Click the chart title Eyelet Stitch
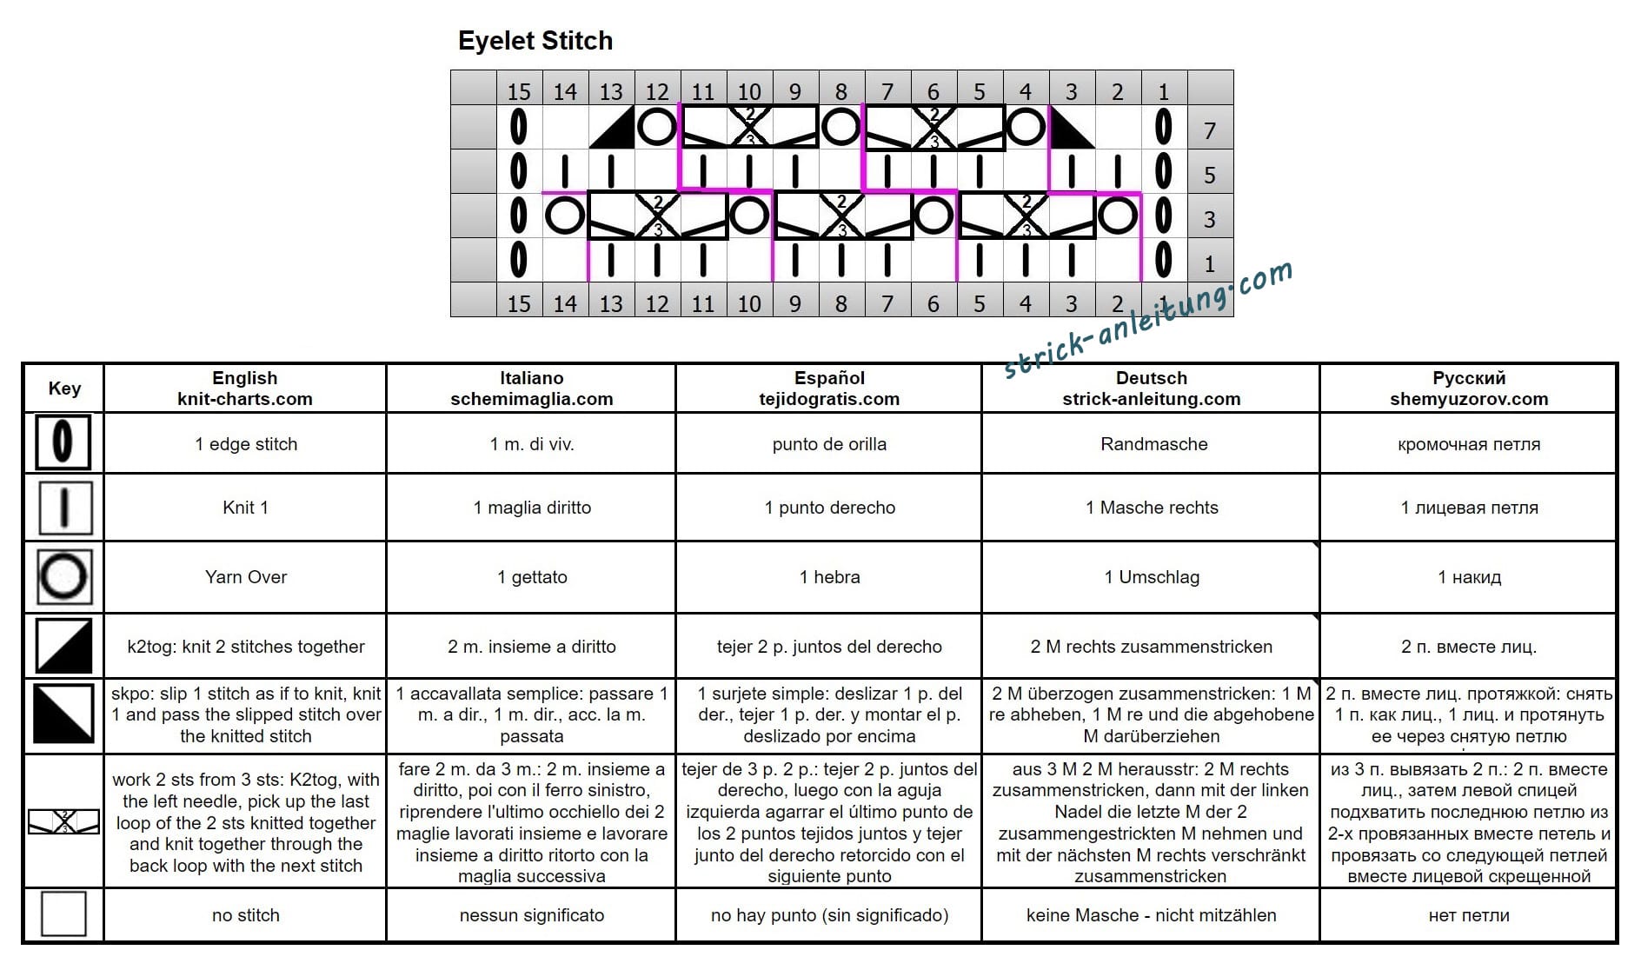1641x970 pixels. coord(535,41)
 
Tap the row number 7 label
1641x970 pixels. coord(1209,131)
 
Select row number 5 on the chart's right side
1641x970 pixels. coord(1209,176)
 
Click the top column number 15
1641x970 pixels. coord(519,91)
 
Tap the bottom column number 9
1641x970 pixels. coord(795,303)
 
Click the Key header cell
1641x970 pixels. coord(64,388)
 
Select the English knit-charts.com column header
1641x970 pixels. coord(245,389)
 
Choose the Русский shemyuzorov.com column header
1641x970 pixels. coord(1469,389)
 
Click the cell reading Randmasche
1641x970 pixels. coord(1154,444)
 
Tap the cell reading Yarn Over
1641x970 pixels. coord(246,577)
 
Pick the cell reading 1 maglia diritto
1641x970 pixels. coord(532,508)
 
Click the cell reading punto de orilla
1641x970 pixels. coord(829,444)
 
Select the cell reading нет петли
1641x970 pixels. coord(1469,915)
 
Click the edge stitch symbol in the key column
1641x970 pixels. coord(63,442)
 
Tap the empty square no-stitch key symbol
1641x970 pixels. coord(63,914)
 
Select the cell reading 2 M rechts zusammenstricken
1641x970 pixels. coord(1152,647)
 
